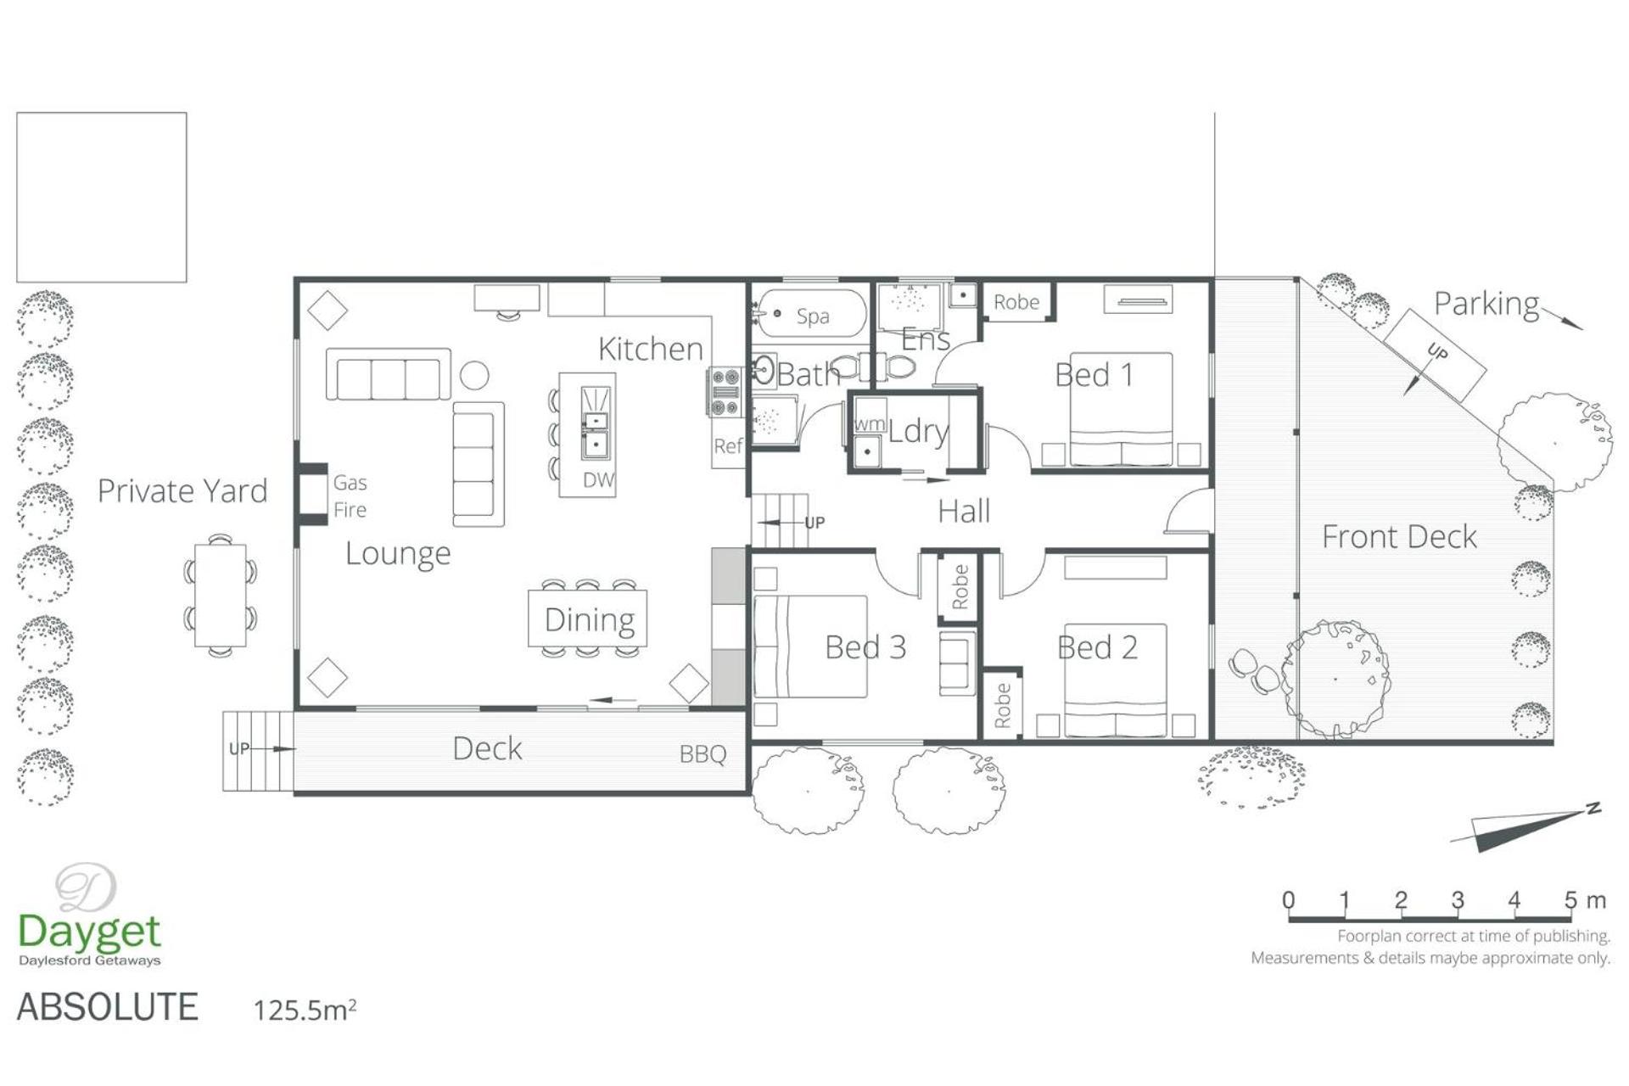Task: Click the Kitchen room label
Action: coord(651,349)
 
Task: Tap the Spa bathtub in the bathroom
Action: coord(811,314)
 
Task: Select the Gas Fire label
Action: coord(350,495)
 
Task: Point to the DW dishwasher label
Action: coord(598,479)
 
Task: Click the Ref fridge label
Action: coord(728,446)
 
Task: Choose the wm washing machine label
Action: coord(870,423)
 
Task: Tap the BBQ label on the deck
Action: coord(703,753)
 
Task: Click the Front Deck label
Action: coord(1399,536)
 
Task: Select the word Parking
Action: coord(1486,305)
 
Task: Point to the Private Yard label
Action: coord(182,490)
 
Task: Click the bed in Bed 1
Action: coord(1121,409)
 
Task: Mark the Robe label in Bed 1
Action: coord(1016,302)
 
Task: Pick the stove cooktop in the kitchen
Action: coord(725,391)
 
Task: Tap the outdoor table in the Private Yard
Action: coord(221,595)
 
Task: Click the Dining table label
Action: coord(590,620)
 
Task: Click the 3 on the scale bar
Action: coord(1458,899)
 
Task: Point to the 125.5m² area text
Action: coord(305,1010)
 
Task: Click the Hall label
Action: coord(964,512)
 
